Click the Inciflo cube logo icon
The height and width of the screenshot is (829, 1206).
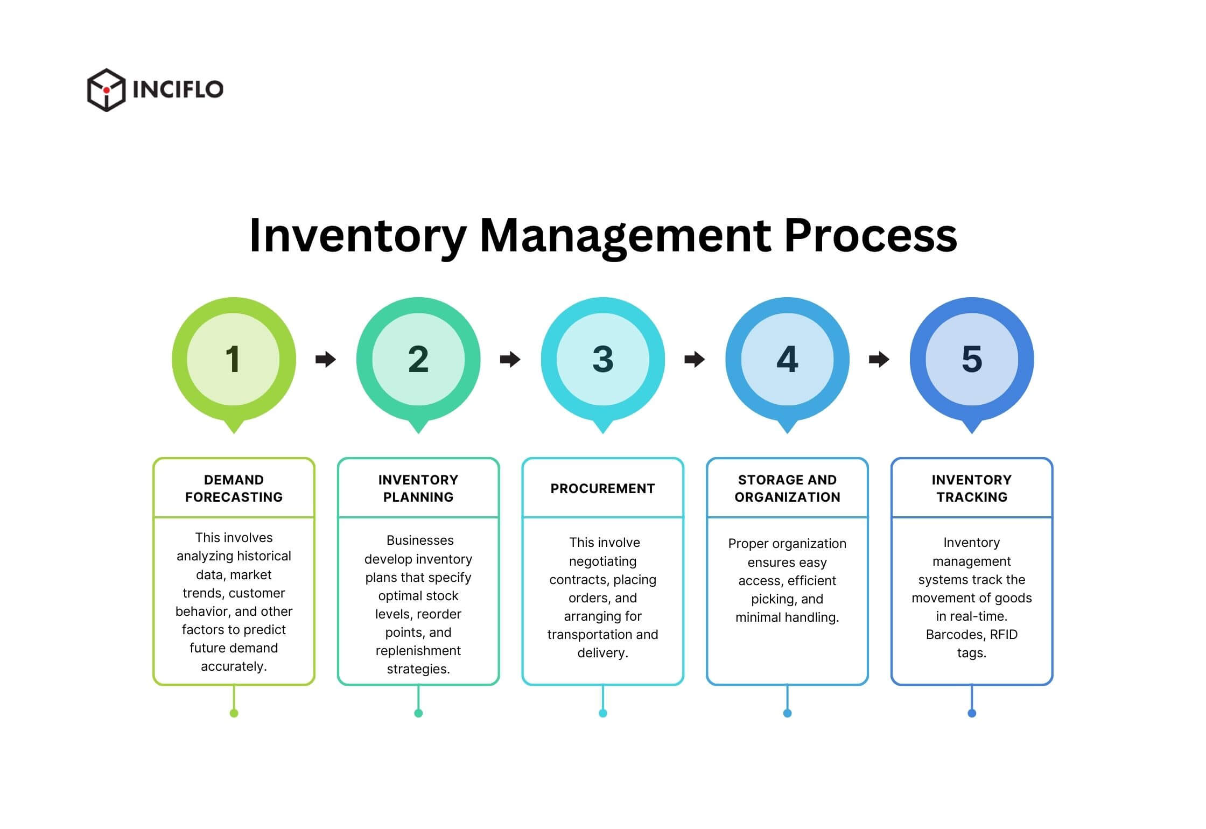tap(106, 89)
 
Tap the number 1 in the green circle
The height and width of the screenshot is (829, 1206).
tap(233, 359)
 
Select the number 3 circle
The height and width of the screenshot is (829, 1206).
tap(602, 359)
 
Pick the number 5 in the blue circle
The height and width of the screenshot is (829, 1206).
tap(971, 359)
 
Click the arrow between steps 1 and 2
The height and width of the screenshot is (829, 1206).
tap(326, 359)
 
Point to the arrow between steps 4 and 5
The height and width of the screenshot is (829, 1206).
tap(879, 359)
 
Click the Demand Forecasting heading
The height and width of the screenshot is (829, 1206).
tap(234, 488)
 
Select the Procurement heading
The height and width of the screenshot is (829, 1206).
tap(602, 488)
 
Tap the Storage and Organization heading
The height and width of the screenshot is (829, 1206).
tap(787, 488)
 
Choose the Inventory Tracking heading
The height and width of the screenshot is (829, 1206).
tap(971, 488)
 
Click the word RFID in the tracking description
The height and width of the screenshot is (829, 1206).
tap(1003, 635)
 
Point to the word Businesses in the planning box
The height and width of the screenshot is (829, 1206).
tap(420, 540)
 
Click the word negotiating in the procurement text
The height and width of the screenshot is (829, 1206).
tap(602, 561)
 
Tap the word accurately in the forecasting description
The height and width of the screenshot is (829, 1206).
tap(233, 666)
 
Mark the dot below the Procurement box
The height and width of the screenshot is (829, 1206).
tap(602, 713)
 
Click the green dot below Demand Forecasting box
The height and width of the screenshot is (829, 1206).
tap(234, 713)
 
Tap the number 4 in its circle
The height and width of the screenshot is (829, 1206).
tap(787, 359)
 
